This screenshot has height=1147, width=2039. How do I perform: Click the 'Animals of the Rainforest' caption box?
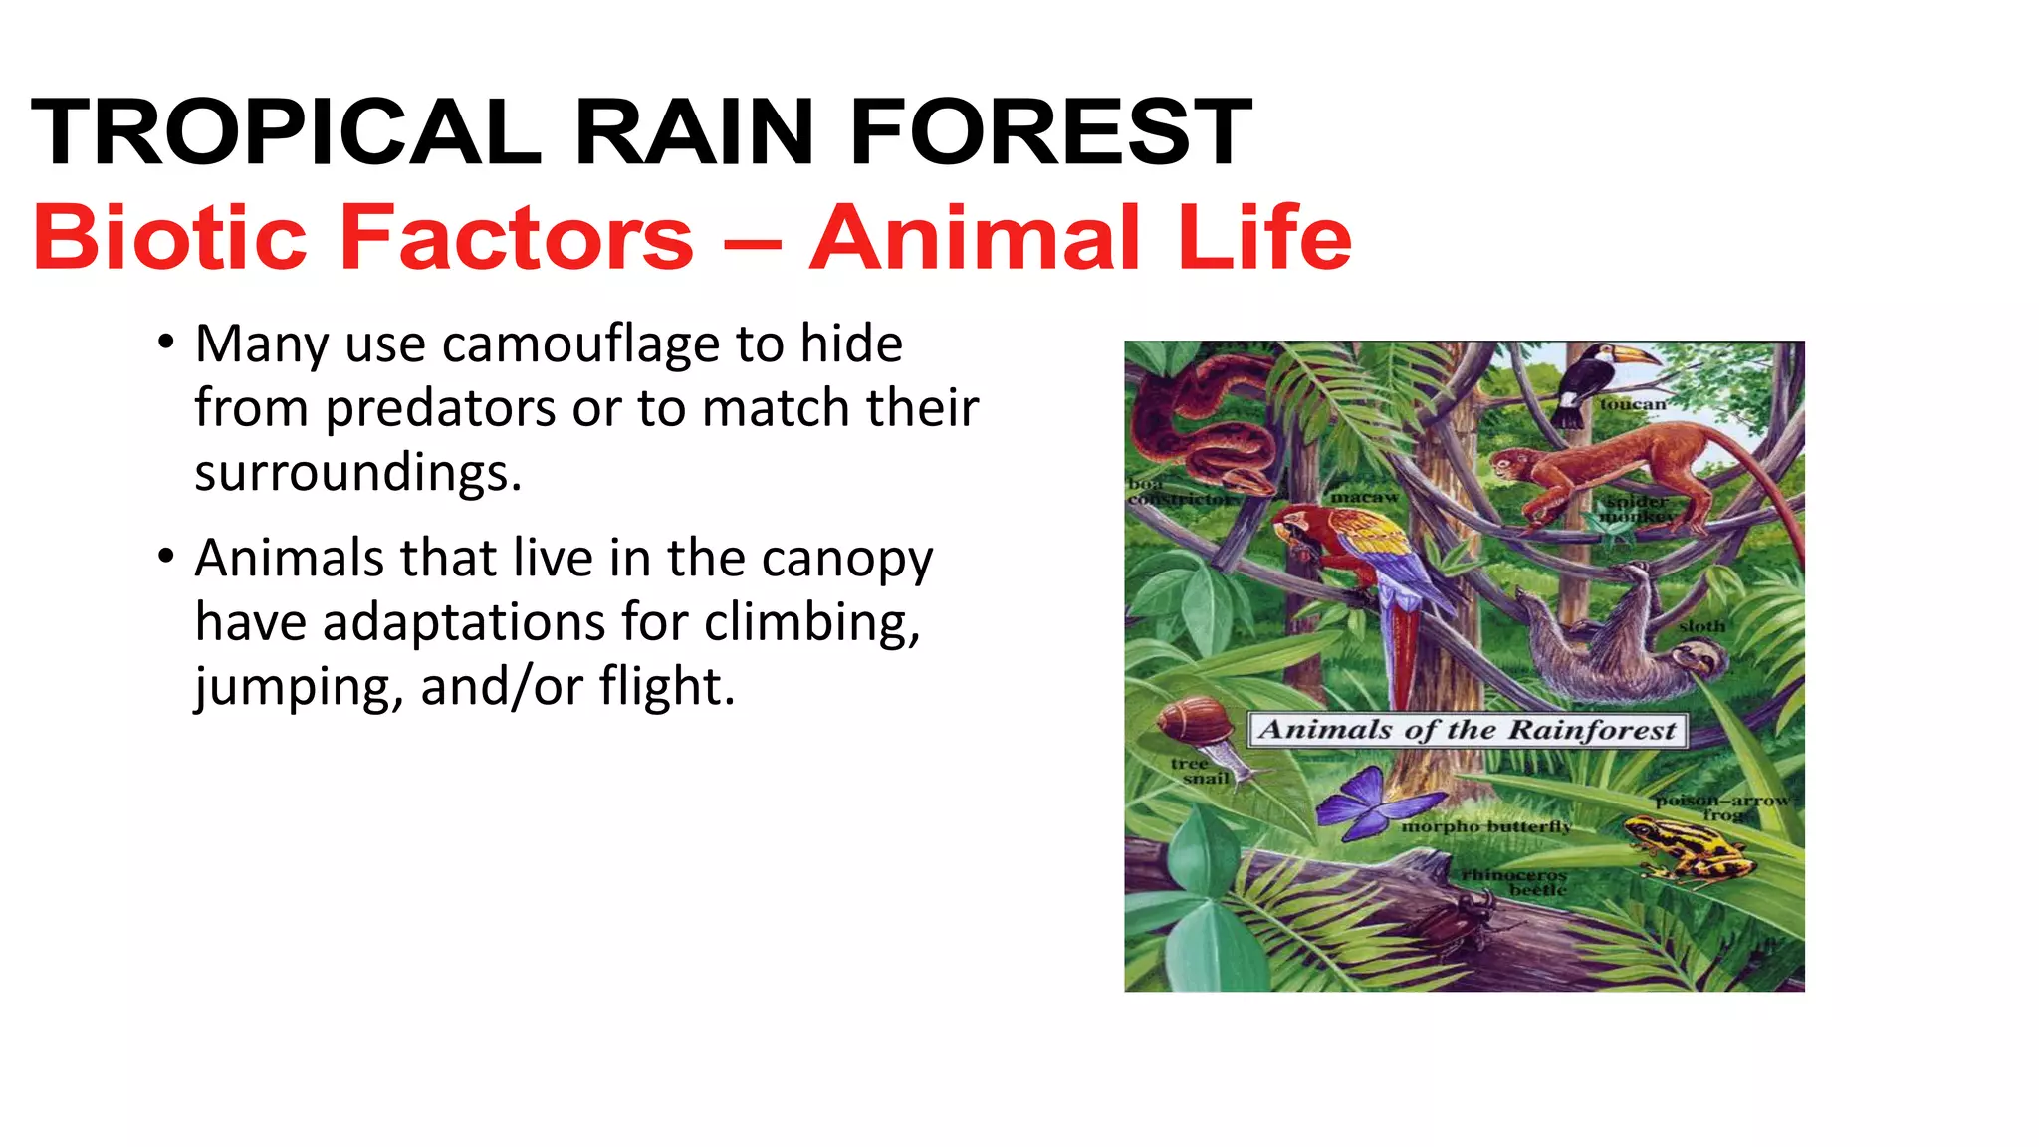[x=1467, y=730]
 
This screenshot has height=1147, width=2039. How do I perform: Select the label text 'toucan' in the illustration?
[x=1632, y=404]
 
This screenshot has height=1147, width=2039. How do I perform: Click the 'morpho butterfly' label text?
[x=1485, y=827]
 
